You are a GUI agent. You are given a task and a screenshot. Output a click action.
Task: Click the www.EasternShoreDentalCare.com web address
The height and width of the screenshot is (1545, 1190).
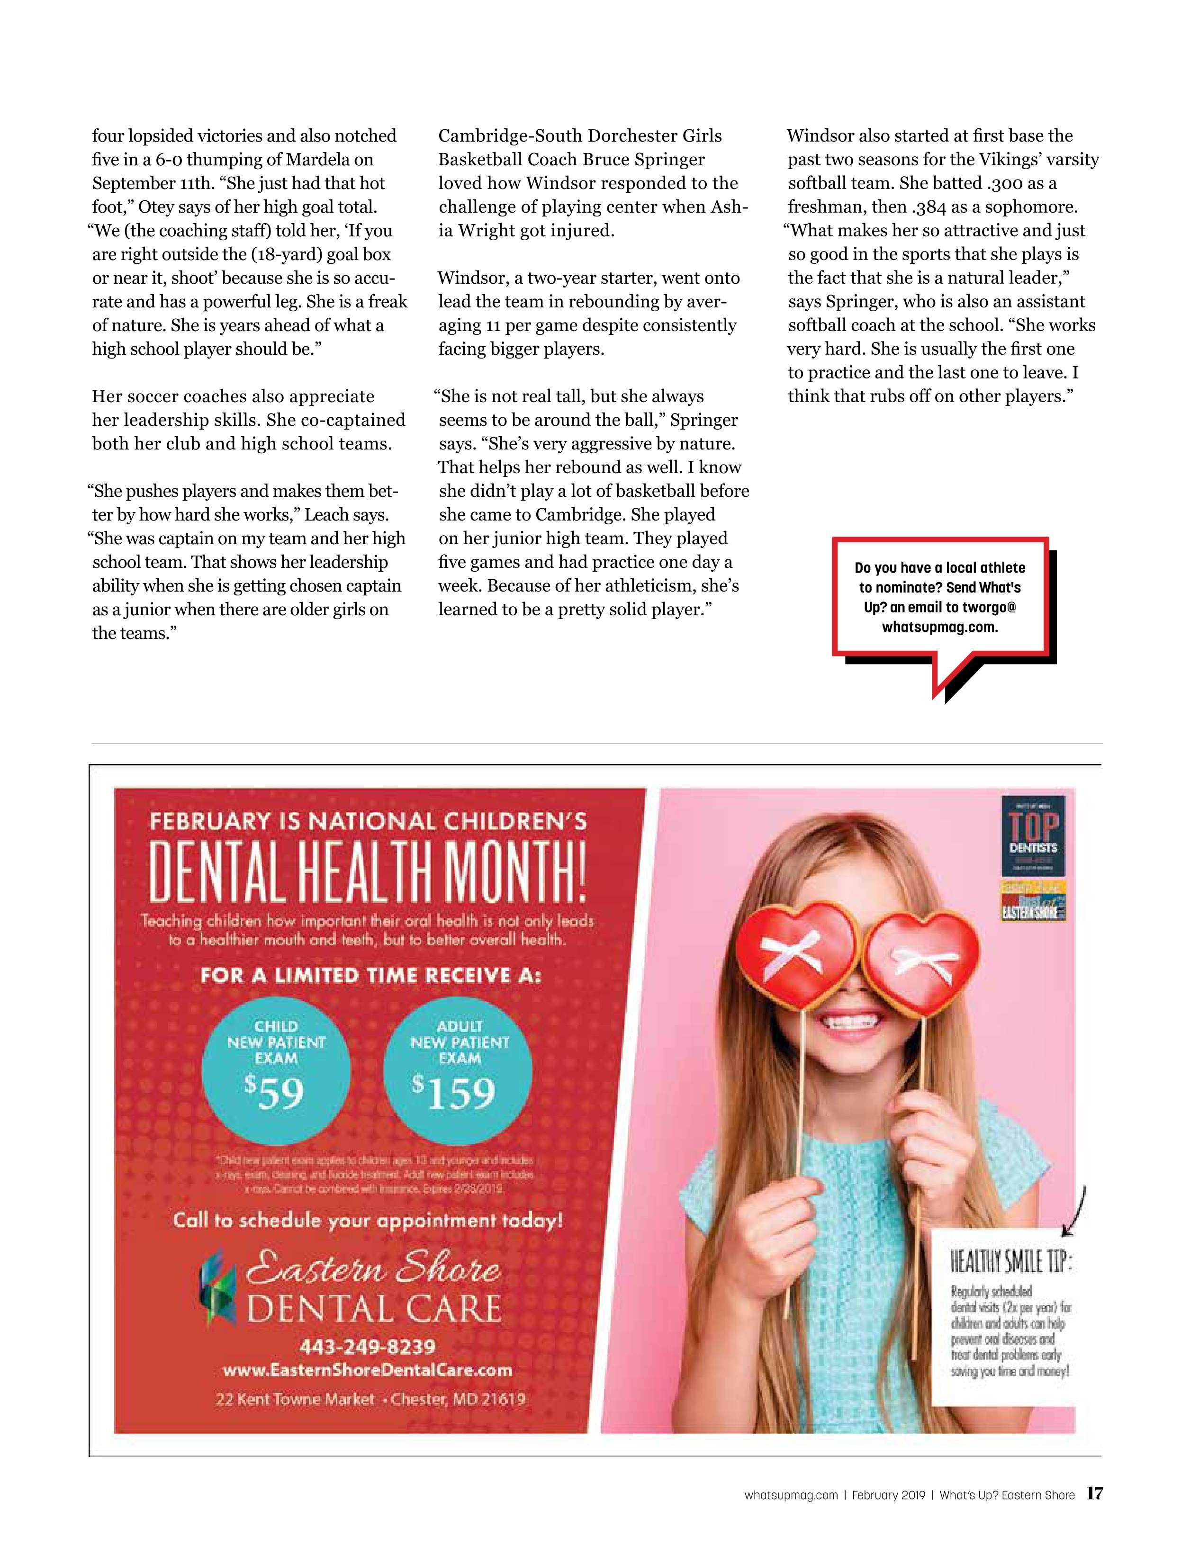point(367,1370)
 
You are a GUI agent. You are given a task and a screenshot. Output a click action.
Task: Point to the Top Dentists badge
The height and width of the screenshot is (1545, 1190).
point(1033,835)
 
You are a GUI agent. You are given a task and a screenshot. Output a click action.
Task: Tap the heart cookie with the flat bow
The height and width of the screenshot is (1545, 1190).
point(920,961)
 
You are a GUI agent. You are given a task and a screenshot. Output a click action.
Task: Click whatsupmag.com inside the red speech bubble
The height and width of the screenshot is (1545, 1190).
point(939,627)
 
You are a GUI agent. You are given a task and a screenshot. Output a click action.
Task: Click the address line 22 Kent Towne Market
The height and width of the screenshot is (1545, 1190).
point(295,1399)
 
